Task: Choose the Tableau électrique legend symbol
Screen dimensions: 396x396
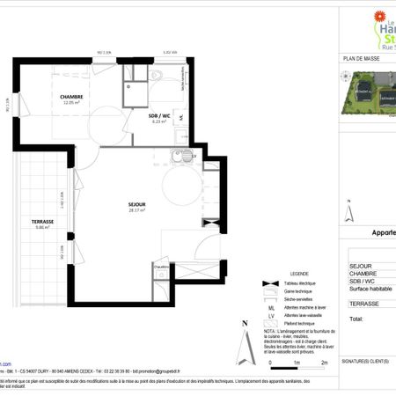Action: click(266, 283)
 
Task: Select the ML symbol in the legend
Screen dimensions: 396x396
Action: click(266, 304)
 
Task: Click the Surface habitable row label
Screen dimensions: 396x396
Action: click(370, 289)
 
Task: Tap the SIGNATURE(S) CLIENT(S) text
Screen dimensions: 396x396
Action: click(365, 362)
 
